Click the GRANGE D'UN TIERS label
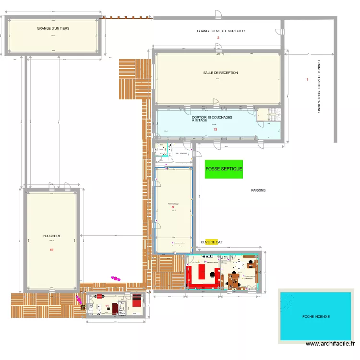coord(53,29)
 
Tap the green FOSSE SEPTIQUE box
coord(224,169)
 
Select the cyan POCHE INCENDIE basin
coord(316,316)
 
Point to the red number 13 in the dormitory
coord(216,129)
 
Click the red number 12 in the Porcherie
coord(51,250)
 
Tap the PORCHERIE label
coord(52,236)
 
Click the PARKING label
coord(258,191)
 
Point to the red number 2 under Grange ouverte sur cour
coord(218,37)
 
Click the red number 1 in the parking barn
coord(307,79)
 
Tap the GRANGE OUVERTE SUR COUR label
coord(221,31)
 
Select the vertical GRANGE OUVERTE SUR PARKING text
coord(319,86)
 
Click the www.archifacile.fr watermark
coord(331,344)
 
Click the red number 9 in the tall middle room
coord(173,207)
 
